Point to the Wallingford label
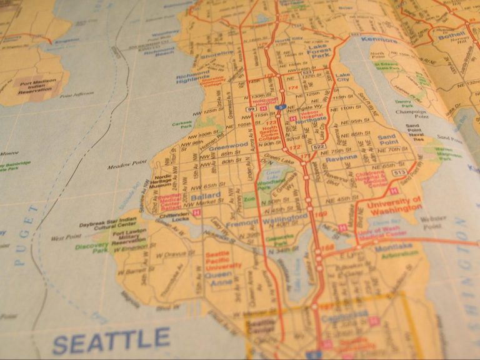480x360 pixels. coord(285,217)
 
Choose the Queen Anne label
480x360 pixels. coord(219,277)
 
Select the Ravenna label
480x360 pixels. coord(341,159)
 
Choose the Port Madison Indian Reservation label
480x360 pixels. coord(37,87)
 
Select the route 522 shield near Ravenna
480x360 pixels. coord(319,147)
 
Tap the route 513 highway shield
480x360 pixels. coord(401,172)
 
